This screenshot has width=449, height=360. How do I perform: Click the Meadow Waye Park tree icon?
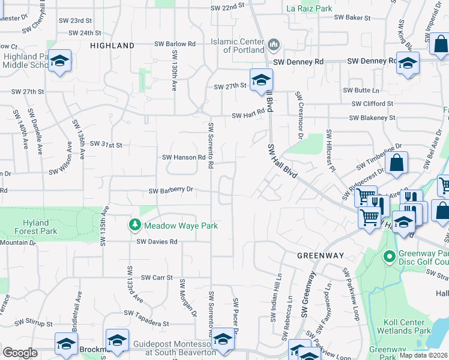pos(135,225)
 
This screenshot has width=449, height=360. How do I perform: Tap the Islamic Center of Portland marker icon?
pos(274,44)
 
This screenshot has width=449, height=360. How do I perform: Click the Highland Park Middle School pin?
pos(59,60)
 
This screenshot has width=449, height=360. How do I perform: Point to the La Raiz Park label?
pos(309,8)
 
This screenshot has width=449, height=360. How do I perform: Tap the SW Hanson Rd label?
pos(184,157)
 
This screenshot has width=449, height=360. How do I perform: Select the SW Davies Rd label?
pos(157,242)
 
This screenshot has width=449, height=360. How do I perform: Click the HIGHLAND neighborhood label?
pos(112,46)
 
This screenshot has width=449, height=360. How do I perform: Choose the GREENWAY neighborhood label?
pos(319,256)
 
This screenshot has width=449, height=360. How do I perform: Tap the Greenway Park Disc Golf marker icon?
pos(389,256)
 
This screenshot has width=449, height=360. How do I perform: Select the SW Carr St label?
pos(157,278)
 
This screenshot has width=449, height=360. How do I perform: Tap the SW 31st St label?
pos(106,145)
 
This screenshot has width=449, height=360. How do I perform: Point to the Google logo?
pos(20,353)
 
